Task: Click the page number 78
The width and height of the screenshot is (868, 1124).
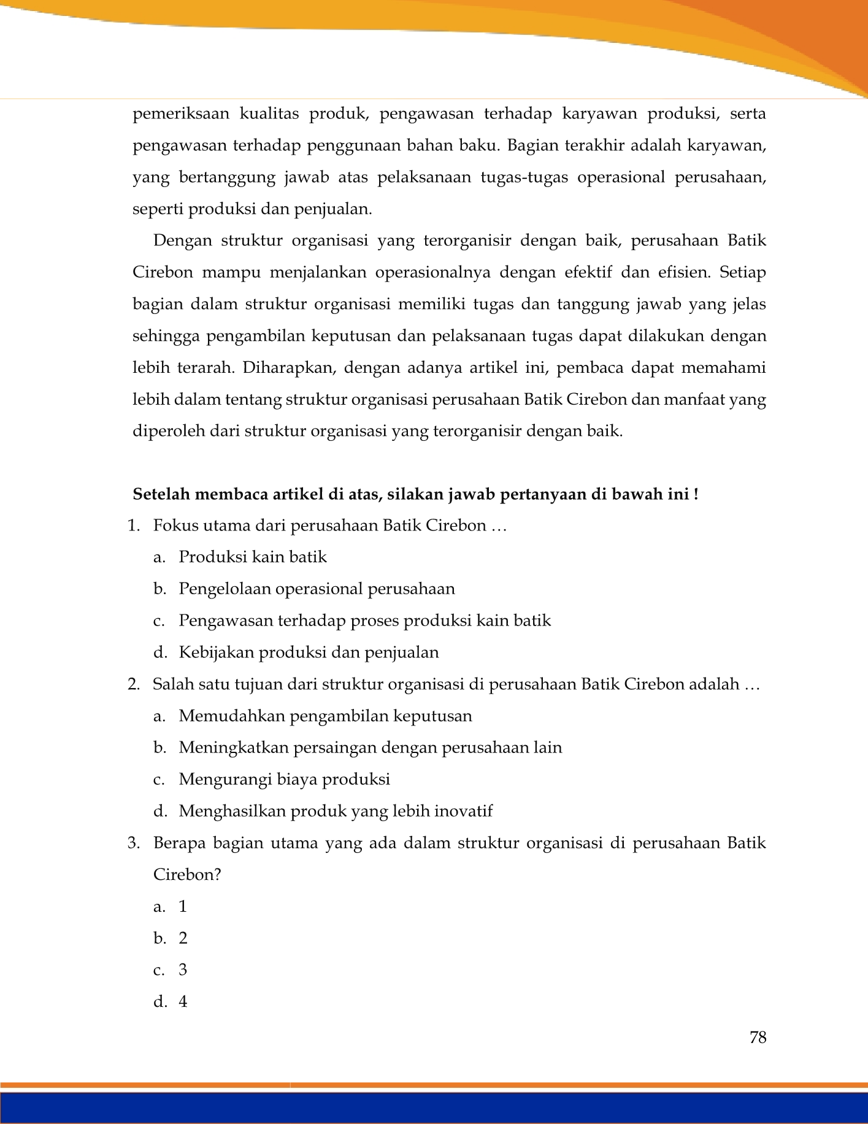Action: click(758, 1038)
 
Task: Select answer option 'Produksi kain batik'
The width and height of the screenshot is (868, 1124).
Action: click(252, 557)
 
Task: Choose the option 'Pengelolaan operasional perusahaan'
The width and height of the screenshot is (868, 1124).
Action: click(317, 589)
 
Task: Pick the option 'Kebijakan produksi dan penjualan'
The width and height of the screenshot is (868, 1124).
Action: click(309, 652)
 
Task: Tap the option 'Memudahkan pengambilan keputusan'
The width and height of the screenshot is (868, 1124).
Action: click(325, 716)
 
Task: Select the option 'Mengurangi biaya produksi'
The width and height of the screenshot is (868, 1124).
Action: click(284, 779)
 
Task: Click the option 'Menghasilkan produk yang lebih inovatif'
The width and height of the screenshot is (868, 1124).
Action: click(336, 811)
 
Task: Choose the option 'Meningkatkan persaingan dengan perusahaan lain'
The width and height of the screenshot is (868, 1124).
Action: click(370, 747)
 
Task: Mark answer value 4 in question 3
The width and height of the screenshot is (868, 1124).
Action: click(183, 1002)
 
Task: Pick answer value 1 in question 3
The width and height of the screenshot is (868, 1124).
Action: click(183, 906)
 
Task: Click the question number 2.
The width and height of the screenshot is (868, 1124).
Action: click(133, 684)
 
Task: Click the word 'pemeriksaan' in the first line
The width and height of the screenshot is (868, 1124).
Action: click(181, 114)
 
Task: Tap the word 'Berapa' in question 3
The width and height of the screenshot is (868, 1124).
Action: click(179, 843)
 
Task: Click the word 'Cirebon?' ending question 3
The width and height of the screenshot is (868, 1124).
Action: click(186, 874)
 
